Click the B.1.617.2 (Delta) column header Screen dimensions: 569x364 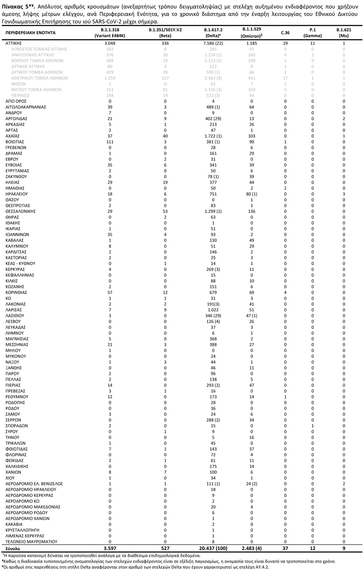(213, 33)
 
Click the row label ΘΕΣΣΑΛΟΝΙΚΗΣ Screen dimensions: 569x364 (21, 211)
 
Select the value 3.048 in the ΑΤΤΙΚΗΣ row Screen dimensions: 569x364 (110, 43)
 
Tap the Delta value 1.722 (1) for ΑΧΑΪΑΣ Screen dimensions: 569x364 (213, 136)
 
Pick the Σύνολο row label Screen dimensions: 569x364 (13, 548)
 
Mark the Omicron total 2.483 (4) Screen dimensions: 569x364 (252, 548)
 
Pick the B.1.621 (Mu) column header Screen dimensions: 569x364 (343, 33)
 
